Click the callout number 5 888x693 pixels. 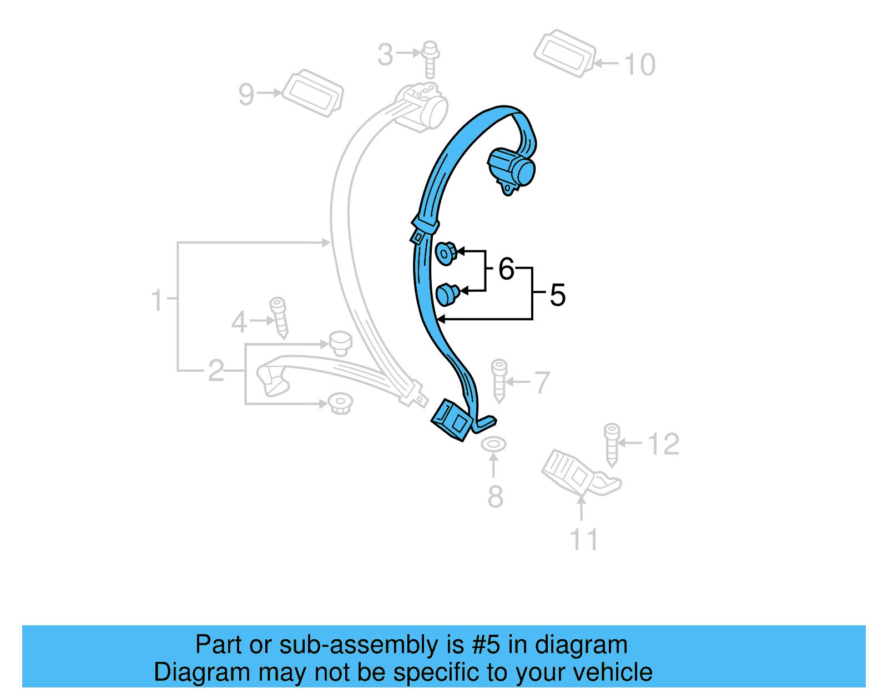pyautogui.click(x=557, y=295)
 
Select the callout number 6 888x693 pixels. pyautogui.click(x=506, y=269)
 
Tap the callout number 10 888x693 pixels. pyautogui.click(x=640, y=64)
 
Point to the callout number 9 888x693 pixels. pyautogui.click(x=246, y=94)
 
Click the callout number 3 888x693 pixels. pyautogui.click(x=385, y=54)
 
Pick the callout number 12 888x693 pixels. pyautogui.click(x=663, y=444)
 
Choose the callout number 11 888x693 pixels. pyautogui.click(x=584, y=539)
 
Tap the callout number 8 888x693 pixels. pyautogui.click(x=495, y=496)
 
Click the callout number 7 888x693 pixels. pyautogui.click(x=541, y=382)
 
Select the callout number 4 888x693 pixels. pyautogui.click(x=239, y=321)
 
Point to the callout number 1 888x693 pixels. pyautogui.click(x=157, y=300)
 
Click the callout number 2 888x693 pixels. pyautogui.click(x=216, y=370)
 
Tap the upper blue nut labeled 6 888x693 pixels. pyautogui.click(x=446, y=253)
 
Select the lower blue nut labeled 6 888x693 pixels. pyautogui.click(x=447, y=294)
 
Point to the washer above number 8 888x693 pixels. pyautogui.click(x=493, y=444)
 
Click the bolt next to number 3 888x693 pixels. pyautogui.click(x=430, y=59)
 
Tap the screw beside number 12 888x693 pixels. pyautogui.click(x=612, y=444)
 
